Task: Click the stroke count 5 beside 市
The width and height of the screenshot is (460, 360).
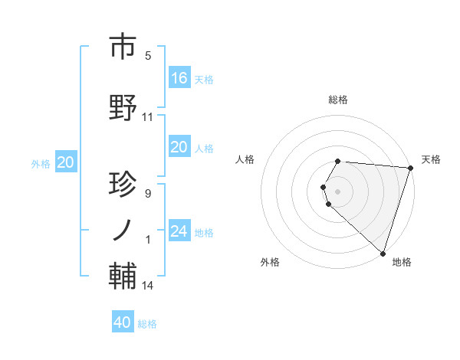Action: click(148, 56)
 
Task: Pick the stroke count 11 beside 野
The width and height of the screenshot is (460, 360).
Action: click(148, 117)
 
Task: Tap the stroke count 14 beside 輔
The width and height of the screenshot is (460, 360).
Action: click(148, 286)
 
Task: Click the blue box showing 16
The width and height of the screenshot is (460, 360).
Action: click(179, 77)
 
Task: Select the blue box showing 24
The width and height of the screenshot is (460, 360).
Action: click(179, 231)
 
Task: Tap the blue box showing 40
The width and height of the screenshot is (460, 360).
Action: click(123, 322)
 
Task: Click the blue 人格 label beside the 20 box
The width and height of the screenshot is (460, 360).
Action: click(204, 149)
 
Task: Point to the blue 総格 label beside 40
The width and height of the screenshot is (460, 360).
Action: click(147, 324)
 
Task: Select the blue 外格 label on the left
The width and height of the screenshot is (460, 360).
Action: click(41, 163)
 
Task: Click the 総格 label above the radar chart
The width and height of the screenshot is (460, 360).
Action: click(338, 100)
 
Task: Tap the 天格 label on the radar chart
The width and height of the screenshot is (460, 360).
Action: click(431, 159)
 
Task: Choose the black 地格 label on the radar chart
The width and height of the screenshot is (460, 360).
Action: click(402, 262)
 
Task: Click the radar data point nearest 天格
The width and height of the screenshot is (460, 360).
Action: click(410, 168)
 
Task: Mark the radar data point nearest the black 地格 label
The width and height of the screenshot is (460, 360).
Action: click(383, 253)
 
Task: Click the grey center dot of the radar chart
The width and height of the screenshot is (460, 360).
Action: click(338, 190)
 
